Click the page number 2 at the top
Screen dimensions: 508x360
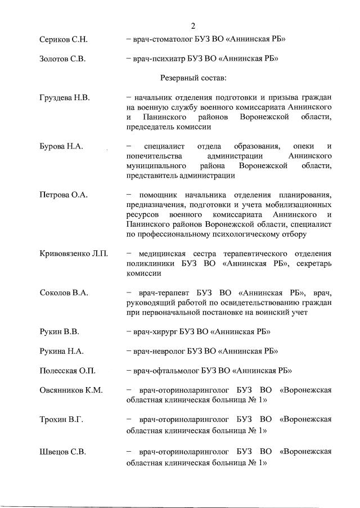click(x=193, y=26)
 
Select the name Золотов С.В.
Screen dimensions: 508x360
click(x=62, y=59)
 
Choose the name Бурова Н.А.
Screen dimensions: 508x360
click(x=62, y=146)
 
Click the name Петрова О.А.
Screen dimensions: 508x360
click(x=64, y=195)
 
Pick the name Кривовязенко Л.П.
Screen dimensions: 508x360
click(x=74, y=254)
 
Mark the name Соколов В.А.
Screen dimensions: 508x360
click(x=64, y=293)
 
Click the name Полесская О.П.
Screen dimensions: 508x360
click(x=67, y=370)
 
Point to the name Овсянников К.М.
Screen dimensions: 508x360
click(x=71, y=390)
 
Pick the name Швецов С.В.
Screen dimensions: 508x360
click(x=62, y=451)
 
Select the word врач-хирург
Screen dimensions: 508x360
click(x=155, y=331)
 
